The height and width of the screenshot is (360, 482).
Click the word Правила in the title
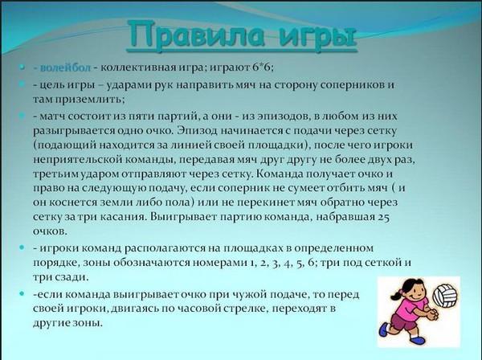[x=196, y=35]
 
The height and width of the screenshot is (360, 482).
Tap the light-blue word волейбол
[x=66, y=67]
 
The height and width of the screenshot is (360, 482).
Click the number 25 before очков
[x=384, y=217]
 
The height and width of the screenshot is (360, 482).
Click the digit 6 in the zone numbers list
[x=309, y=263]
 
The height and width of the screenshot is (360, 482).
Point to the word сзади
[x=71, y=277]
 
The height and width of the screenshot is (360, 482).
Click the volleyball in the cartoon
[x=445, y=296]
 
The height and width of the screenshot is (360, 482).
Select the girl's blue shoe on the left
[x=384, y=329]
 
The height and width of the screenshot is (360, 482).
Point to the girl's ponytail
[x=397, y=295]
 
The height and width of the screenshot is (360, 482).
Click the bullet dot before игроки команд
[x=22, y=247]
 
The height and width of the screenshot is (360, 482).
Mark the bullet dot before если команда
[x=22, y=294]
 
